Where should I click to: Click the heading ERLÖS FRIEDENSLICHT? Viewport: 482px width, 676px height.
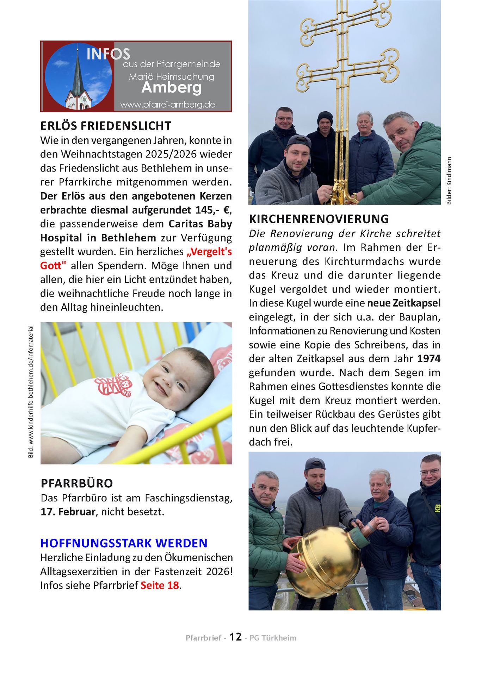click(x=106, y=126)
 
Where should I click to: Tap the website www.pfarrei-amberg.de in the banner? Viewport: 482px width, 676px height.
click(x=167, y=105)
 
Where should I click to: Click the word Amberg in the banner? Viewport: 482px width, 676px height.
click(x=172, y=88)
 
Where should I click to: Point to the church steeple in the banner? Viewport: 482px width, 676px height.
click(x=78, y=76)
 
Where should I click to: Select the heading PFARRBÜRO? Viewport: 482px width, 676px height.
click(x=77, y=483)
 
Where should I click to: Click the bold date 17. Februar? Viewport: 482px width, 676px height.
click(x=68, y=512)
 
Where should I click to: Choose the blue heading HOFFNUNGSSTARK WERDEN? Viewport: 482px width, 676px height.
click(x=124, y=543)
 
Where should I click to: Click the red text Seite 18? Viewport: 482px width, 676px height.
click(x=160, y=585)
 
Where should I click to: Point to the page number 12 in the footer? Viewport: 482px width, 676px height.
click(x=236, y=637)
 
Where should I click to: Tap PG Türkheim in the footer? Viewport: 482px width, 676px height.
click(x=273, y=638)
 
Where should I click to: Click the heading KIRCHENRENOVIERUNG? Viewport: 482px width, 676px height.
click(x=319, y=219)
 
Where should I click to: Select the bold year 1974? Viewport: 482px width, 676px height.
click(x=429, y=359)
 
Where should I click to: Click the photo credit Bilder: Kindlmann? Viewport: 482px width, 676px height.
click(x=449, y=181)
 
